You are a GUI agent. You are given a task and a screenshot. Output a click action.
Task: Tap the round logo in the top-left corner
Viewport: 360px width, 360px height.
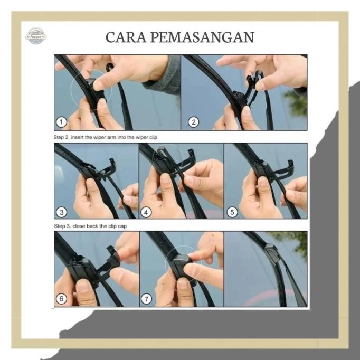click(36, 35)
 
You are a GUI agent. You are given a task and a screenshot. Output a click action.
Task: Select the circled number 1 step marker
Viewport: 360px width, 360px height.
click(62, 122)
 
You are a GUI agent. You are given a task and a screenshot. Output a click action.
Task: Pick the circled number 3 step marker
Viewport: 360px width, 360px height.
click(62, 212)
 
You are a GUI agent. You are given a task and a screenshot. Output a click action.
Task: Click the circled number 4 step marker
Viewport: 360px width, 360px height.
click(147, 212)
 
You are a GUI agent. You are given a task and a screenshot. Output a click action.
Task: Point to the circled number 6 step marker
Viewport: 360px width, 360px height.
click(62, 299)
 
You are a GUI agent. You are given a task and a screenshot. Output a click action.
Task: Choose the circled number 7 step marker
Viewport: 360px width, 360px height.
click(147, 299)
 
